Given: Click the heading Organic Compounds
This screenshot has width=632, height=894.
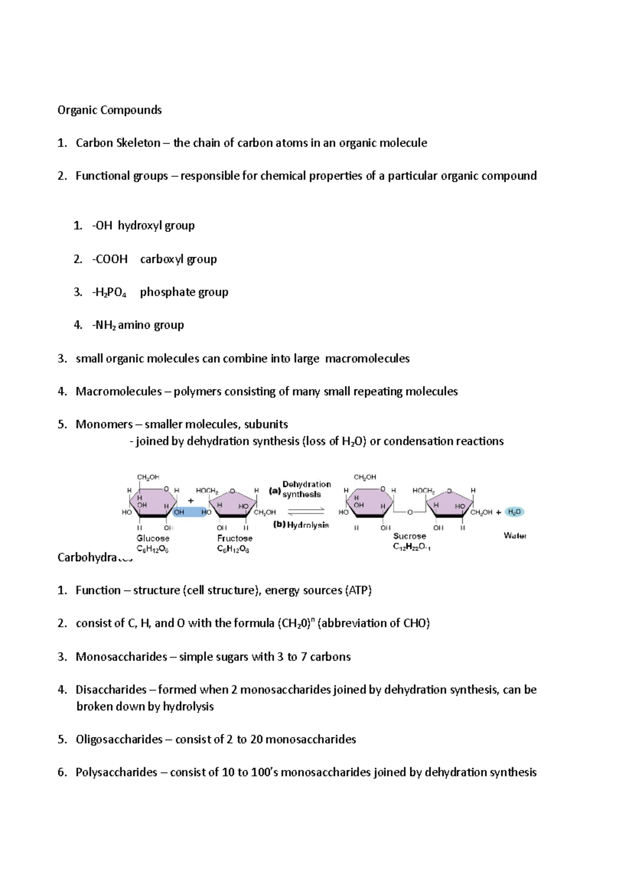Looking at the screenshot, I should [110, 110].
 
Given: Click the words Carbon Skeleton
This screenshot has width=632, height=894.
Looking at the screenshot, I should [118, 143].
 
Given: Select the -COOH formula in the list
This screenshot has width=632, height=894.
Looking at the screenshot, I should [110, 259].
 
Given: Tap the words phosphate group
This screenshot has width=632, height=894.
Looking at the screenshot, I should [184, 292].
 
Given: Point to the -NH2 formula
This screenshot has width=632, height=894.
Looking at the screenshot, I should [104, 325].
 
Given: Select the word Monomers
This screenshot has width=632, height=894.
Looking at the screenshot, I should [104, 424].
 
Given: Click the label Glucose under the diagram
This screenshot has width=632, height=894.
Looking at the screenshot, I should [153, 538].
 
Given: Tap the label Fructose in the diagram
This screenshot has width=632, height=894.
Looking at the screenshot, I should [235, 538].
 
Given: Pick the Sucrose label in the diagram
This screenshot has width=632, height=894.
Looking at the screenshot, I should [409, 536].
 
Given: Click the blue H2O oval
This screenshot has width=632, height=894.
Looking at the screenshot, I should [514, 512].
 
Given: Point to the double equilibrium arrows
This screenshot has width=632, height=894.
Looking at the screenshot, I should [306, 511].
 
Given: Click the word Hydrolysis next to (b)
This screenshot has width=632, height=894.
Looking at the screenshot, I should [308, 525].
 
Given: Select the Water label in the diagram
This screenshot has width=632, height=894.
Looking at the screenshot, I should [515, 535].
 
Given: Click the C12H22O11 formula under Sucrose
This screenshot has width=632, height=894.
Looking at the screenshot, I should [411, 547].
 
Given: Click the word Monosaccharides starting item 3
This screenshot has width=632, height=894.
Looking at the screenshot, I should [121, 657].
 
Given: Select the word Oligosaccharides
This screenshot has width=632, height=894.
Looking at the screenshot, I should [119, 739].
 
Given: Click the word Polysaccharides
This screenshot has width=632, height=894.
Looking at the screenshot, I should [116, 772].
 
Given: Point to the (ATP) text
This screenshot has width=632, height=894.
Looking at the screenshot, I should [358, 590].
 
